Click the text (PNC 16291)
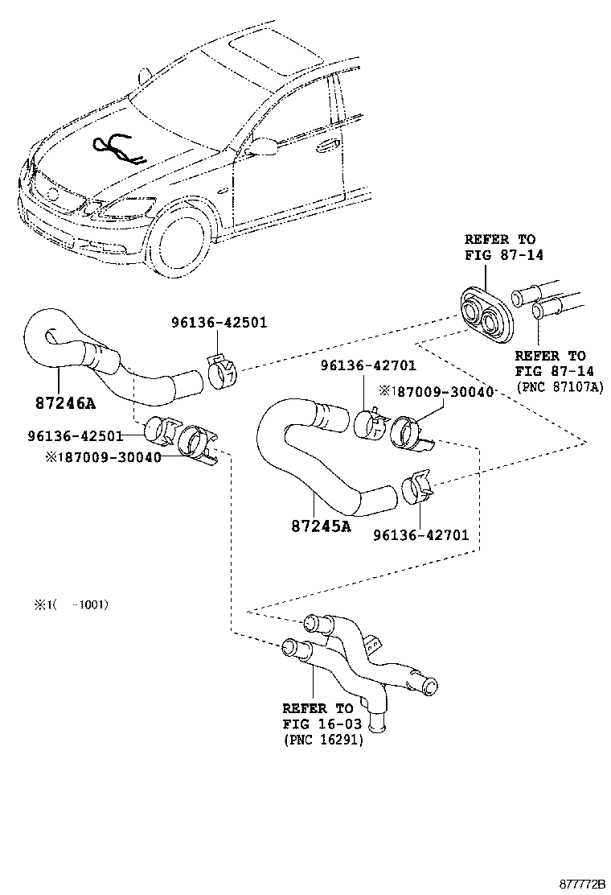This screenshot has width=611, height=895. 322,740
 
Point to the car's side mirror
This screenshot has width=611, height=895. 262,146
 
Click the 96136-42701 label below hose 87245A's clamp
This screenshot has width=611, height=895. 420,534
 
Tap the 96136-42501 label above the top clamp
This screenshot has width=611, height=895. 219,323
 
